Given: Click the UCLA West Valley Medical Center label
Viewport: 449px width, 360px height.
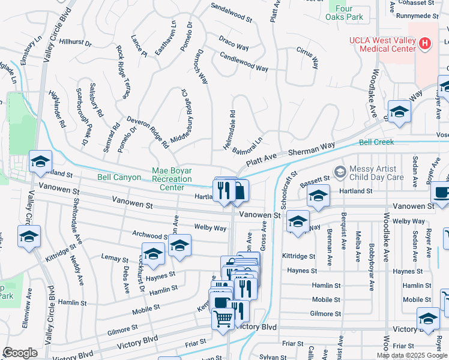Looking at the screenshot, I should pyautogui.click(x=384, y=44).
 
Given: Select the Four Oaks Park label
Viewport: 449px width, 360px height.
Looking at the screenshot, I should pyautogui.click(x=348, y=13).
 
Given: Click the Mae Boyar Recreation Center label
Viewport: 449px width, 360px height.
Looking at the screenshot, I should pyautogui.click(x=172, y=179).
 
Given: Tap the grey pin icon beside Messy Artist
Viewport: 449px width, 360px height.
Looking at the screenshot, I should pyautogui.click(x=340, y=173).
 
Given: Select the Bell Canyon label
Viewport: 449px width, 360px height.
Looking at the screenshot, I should pyautogui.click(x=119, y=178).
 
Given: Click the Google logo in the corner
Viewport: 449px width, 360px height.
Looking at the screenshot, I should pyautogui.click(x=20, y=353).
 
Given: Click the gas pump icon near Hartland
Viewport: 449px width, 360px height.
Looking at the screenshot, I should pyautogui.click(x=239, y=191).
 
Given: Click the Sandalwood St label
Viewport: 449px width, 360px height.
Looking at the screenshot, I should pyautogui.click(x=231, y=12).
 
